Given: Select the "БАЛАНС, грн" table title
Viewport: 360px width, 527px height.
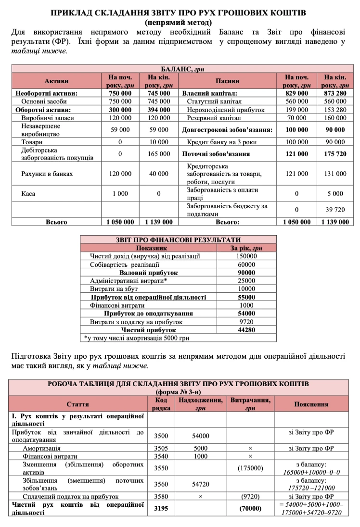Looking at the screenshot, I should tap(180, 69).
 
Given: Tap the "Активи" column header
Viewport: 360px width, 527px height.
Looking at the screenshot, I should tap(56, 81).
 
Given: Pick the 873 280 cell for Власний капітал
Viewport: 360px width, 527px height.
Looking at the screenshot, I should tap(335, 93).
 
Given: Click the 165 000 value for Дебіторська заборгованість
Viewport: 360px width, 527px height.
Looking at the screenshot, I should tap(158, 154).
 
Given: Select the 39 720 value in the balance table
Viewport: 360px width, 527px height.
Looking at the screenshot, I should tap(335, 209).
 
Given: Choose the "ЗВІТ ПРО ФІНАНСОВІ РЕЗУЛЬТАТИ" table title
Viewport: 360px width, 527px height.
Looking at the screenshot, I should tap(178, 239).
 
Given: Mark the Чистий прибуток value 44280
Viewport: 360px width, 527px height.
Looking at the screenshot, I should tap(246, 330).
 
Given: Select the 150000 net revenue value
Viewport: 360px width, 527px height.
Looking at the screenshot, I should tap(246, 256).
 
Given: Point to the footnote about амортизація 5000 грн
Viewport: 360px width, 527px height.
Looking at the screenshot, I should tap(137, 338).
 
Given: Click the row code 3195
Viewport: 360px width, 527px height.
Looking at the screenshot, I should tap(161, 508).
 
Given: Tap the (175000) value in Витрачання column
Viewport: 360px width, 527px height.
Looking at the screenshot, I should tap(250, 468).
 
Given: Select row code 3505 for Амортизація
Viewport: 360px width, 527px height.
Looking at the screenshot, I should tap(161, 448).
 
